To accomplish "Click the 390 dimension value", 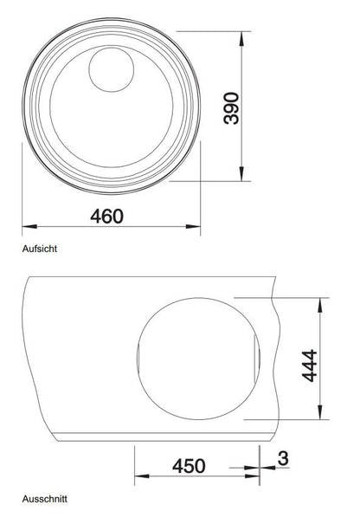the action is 231,108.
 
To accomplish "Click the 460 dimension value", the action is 107,217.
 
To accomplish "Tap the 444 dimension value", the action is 310,366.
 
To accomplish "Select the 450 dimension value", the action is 189,466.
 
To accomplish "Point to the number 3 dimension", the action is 283,458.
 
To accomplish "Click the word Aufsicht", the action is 40,249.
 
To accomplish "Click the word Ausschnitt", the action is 44,499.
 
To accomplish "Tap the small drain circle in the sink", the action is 112,69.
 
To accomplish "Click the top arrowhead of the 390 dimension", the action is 241,38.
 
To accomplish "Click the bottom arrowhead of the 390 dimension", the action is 241,174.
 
